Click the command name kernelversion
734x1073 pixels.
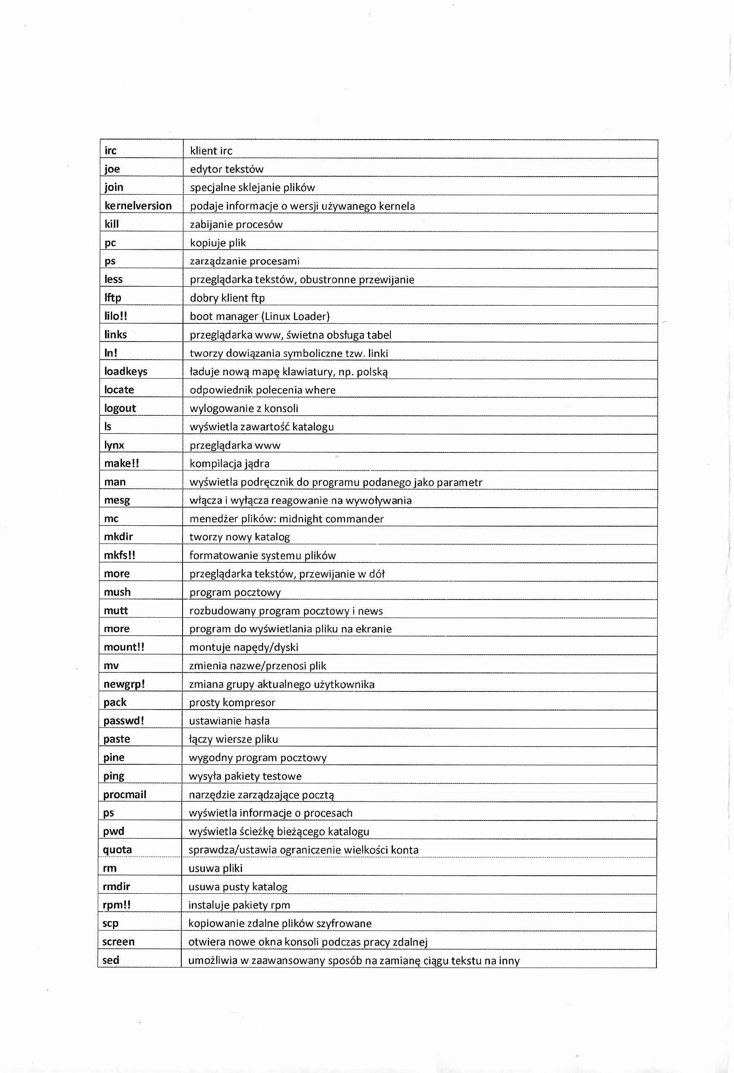pos(138,205)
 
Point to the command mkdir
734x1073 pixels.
pos(118,536)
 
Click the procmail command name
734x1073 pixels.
pos(125,794)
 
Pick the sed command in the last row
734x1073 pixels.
pos(111,960)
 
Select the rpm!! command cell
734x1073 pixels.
pos(117,904)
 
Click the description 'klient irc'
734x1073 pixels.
pos(211,151)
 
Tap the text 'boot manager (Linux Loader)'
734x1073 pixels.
pos(259,316)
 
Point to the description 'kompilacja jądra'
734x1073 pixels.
pos(229,463)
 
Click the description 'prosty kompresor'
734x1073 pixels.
pos(232,702)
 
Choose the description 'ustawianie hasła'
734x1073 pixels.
pos(229,721)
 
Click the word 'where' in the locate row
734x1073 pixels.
pos(320,390)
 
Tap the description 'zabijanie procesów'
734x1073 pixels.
pos(236,224)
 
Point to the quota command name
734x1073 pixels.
pos(117,850)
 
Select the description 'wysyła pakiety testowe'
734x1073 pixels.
pos(245,776)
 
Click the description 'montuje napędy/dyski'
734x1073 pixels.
pos(244,647)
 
